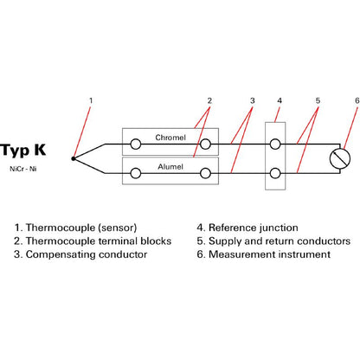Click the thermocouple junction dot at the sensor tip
pyautogui.click(x=74, y=158)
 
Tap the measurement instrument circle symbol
pyautogui.click(x=340, y=158)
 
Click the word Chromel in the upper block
pyautogui.click(x=170, y=138)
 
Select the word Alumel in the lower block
pyautogui.click(x=170, y=167)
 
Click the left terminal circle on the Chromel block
pyautogui.click(x=136, y=144)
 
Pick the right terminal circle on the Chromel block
pyautogui.click(x=205, y=144)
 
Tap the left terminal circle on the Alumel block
pyautogui.click(x=136, y=173)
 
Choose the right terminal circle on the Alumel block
pyautogui.click(x=205, y=173)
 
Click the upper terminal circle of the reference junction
pyautogui.click(x=275, y=144)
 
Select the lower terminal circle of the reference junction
pyautogui.click(x=275, y=173)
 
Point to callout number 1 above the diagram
pyautogui.click(x=91, y=100)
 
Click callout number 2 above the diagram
pyautogui.click(x=209, y=100)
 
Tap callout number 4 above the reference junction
pyautogui.click(x=280, y=100)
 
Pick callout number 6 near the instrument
pyautogui.click(x=357, y=100)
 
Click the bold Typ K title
pyautogui.click(x=23, y=151)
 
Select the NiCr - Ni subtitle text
pyautogui.click(x=23, y=169)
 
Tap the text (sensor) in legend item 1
pyautogui.click(x=118, y=228)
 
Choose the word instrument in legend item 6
pyautogui.click(x=305, y=254)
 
